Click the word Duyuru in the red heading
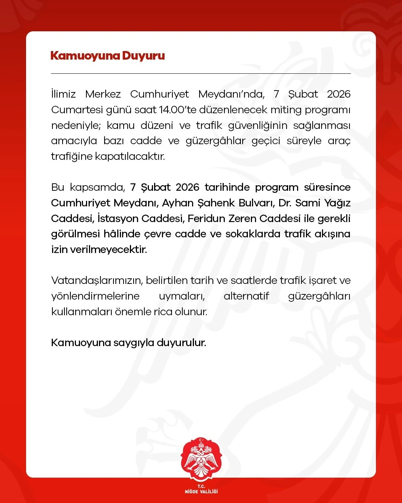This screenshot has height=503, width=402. [143, 56]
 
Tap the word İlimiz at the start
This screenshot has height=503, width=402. [63, 94]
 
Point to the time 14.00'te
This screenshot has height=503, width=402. [177, 110]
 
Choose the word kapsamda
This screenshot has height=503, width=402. [97, 187]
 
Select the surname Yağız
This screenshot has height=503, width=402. [337, 203]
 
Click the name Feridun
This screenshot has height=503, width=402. [205, 218]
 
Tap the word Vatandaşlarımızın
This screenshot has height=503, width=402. [97, 281]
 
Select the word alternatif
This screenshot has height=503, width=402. [246, 296]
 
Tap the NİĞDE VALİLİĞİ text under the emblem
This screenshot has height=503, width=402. [201, 491]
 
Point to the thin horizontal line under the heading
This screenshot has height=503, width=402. [201, 73]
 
